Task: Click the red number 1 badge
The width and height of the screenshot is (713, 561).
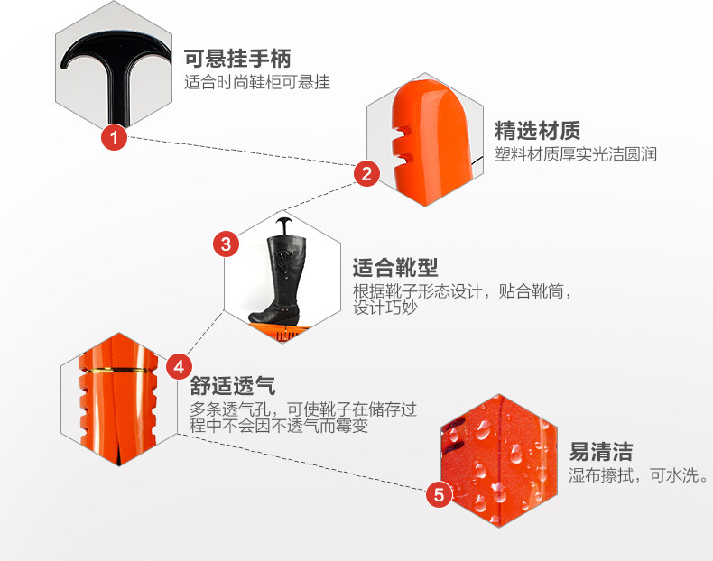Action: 114,138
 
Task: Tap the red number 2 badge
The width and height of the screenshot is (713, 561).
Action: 366,173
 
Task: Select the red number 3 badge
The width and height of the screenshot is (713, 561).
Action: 226,244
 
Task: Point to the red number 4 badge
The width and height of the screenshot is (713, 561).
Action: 179,367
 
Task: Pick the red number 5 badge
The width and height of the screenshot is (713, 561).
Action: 439,494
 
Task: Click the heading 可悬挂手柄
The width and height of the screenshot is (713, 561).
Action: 238,60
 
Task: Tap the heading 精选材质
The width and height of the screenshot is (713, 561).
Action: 537,130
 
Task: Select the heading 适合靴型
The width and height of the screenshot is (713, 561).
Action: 394,268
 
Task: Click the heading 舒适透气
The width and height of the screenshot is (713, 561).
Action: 233,386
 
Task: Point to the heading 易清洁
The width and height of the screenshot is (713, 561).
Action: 600,451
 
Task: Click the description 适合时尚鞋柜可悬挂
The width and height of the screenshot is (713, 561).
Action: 257,83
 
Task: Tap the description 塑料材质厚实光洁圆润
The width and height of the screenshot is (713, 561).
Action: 576,153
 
